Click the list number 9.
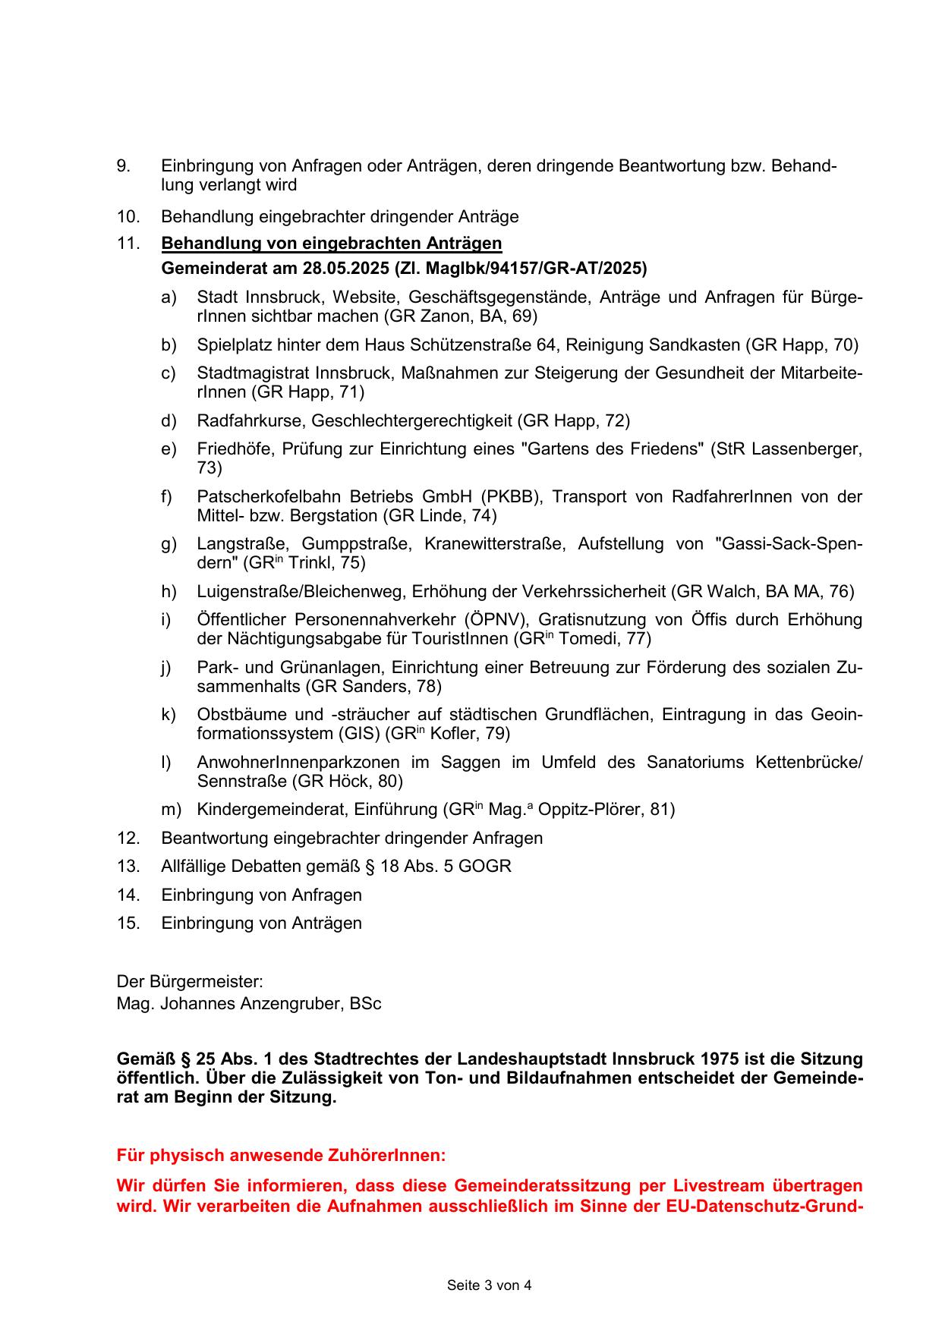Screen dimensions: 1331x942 pos(123,166)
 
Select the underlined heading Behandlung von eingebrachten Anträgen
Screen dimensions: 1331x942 pos(331,244)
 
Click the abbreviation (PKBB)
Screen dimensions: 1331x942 pos(511,497)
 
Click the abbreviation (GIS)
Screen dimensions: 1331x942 pos(359,734)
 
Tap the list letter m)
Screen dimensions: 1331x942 pos(170,810)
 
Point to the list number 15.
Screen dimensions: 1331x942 pos(128,924)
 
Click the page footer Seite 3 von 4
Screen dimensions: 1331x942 pos(489,1285)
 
